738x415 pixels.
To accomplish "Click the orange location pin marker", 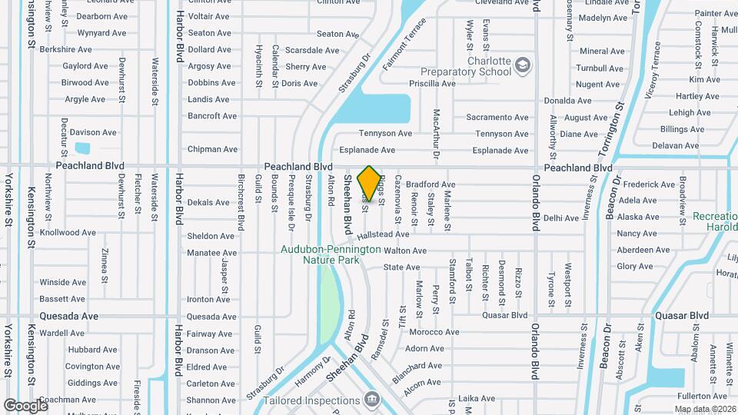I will pyautogui.click(x=370, y=184).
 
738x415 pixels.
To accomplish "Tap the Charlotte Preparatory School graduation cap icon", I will pyautogui.click(x=524, y=64).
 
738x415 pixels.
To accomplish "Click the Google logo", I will pyautogui.click(x=25, y=405).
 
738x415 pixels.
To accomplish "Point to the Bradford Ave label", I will pyautogui.click(x=430, y=184).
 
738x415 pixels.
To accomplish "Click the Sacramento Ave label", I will pyautogui.click(x=497, y=118).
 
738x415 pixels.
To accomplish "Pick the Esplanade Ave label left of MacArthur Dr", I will pyautogui.click(x=366, y=151).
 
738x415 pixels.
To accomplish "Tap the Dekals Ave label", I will pyautogui.click(x=208, y=203).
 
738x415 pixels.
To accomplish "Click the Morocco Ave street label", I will pyautogui.click(x=434, y=332).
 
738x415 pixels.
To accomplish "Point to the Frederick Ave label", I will pyautogui.click(x=649, y=184).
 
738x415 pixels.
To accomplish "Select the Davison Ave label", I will pyautogui.click(x=93, y=132).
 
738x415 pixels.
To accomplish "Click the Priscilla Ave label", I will pyautogui.click(x=433, y=84).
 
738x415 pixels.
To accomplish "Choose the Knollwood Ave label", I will pyautogui.click(x=68, y=232).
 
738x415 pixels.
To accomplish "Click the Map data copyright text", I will pyautogui.click(x=706, y=408).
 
